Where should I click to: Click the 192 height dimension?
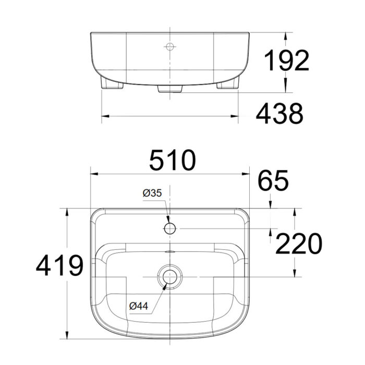(x=285, y=61)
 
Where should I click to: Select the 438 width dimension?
(x=279, y=113)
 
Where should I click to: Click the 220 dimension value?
(x=298, y=244)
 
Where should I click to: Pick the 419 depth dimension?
(x=59, y=266)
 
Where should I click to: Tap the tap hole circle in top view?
(x=170, y=228)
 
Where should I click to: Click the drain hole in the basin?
(x=170, y=276)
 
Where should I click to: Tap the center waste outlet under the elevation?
(x=170, y=89)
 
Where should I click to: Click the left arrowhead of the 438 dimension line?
(x=103, y=116)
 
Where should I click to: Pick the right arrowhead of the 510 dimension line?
(x=248, y=174)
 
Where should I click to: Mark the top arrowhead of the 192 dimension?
(x=286, y=36)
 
